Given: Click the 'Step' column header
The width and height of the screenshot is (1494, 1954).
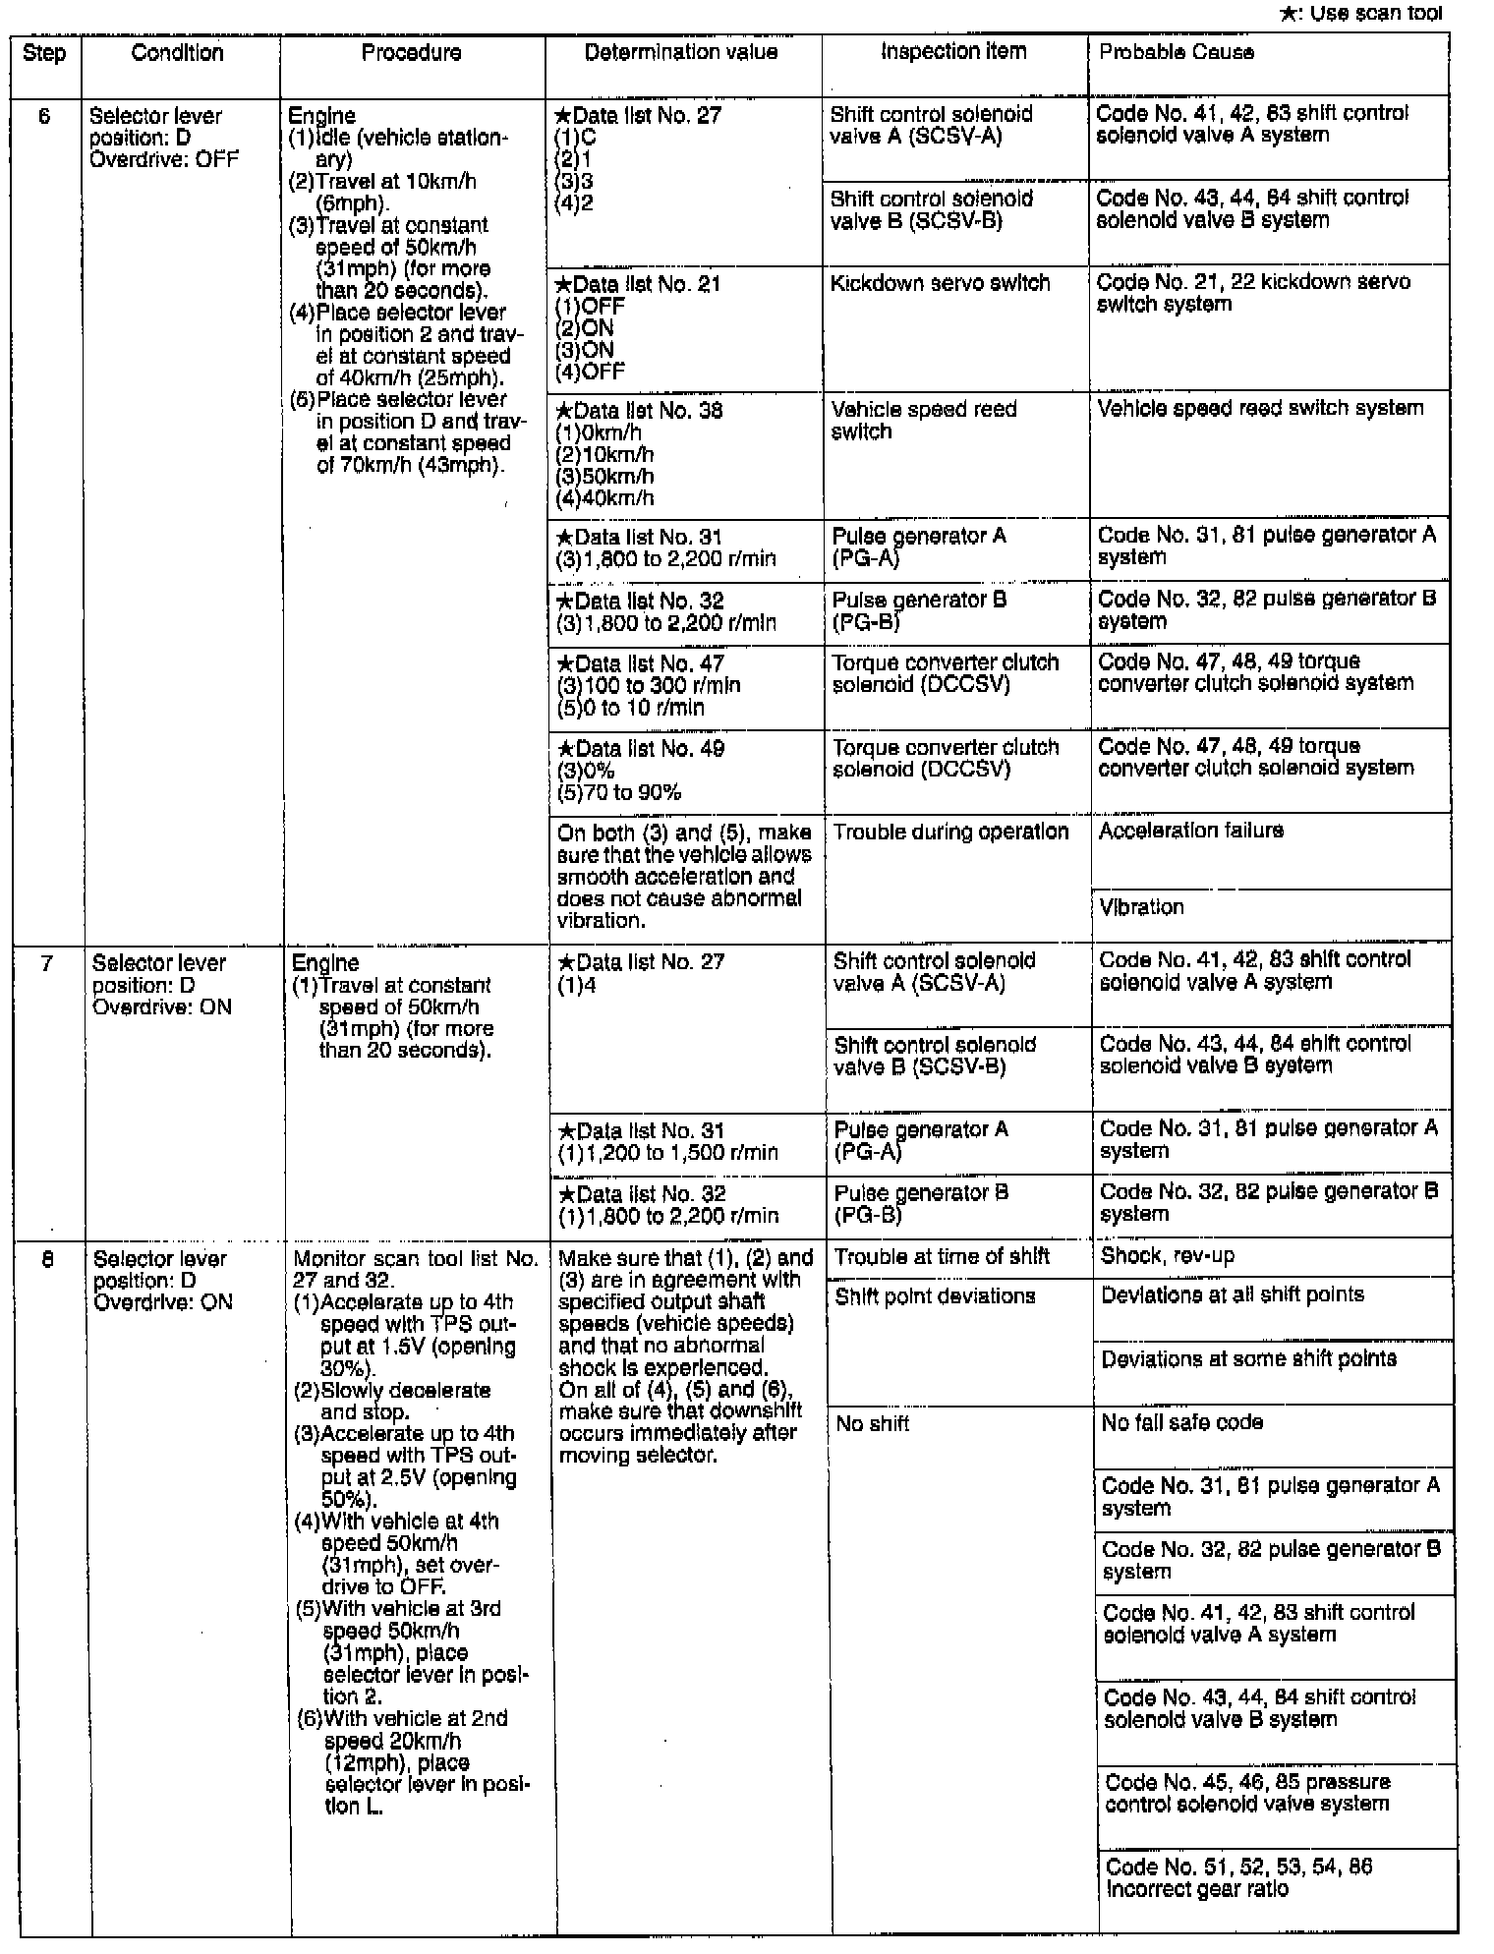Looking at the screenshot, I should pos(44,53).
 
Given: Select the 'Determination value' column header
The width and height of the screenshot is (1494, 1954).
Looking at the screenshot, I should pos(680,52).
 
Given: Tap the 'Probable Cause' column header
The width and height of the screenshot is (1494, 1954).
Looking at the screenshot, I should pos(1176,52).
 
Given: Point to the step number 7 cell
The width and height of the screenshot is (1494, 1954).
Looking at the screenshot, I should pos(47,963).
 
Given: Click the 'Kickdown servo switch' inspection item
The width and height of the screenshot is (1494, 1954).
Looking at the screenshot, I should pos(940,283).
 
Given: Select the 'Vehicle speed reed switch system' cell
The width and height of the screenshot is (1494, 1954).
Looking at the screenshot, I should pos(1260,408).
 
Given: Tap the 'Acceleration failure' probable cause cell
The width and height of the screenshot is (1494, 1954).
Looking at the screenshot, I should pos(1190,831).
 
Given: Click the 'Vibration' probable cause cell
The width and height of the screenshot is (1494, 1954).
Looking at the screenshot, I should pos(1141,906).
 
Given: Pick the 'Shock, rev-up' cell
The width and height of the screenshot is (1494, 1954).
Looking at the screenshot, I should pos(1168,1255).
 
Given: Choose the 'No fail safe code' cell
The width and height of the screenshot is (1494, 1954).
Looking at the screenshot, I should pos(1181,1422).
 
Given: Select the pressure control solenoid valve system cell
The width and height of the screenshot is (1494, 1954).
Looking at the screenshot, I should pos(1246,1793).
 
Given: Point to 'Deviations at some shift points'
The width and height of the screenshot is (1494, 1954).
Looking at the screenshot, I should pos(1248,1358).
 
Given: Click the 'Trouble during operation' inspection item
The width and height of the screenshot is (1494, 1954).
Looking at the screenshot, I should pos(950,832).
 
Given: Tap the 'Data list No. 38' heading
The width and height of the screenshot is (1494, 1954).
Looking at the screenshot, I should pos(640,410).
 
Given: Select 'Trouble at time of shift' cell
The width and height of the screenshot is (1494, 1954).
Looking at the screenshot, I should pos(942,1256).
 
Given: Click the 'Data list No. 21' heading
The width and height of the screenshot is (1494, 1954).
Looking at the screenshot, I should pos(639,284).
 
